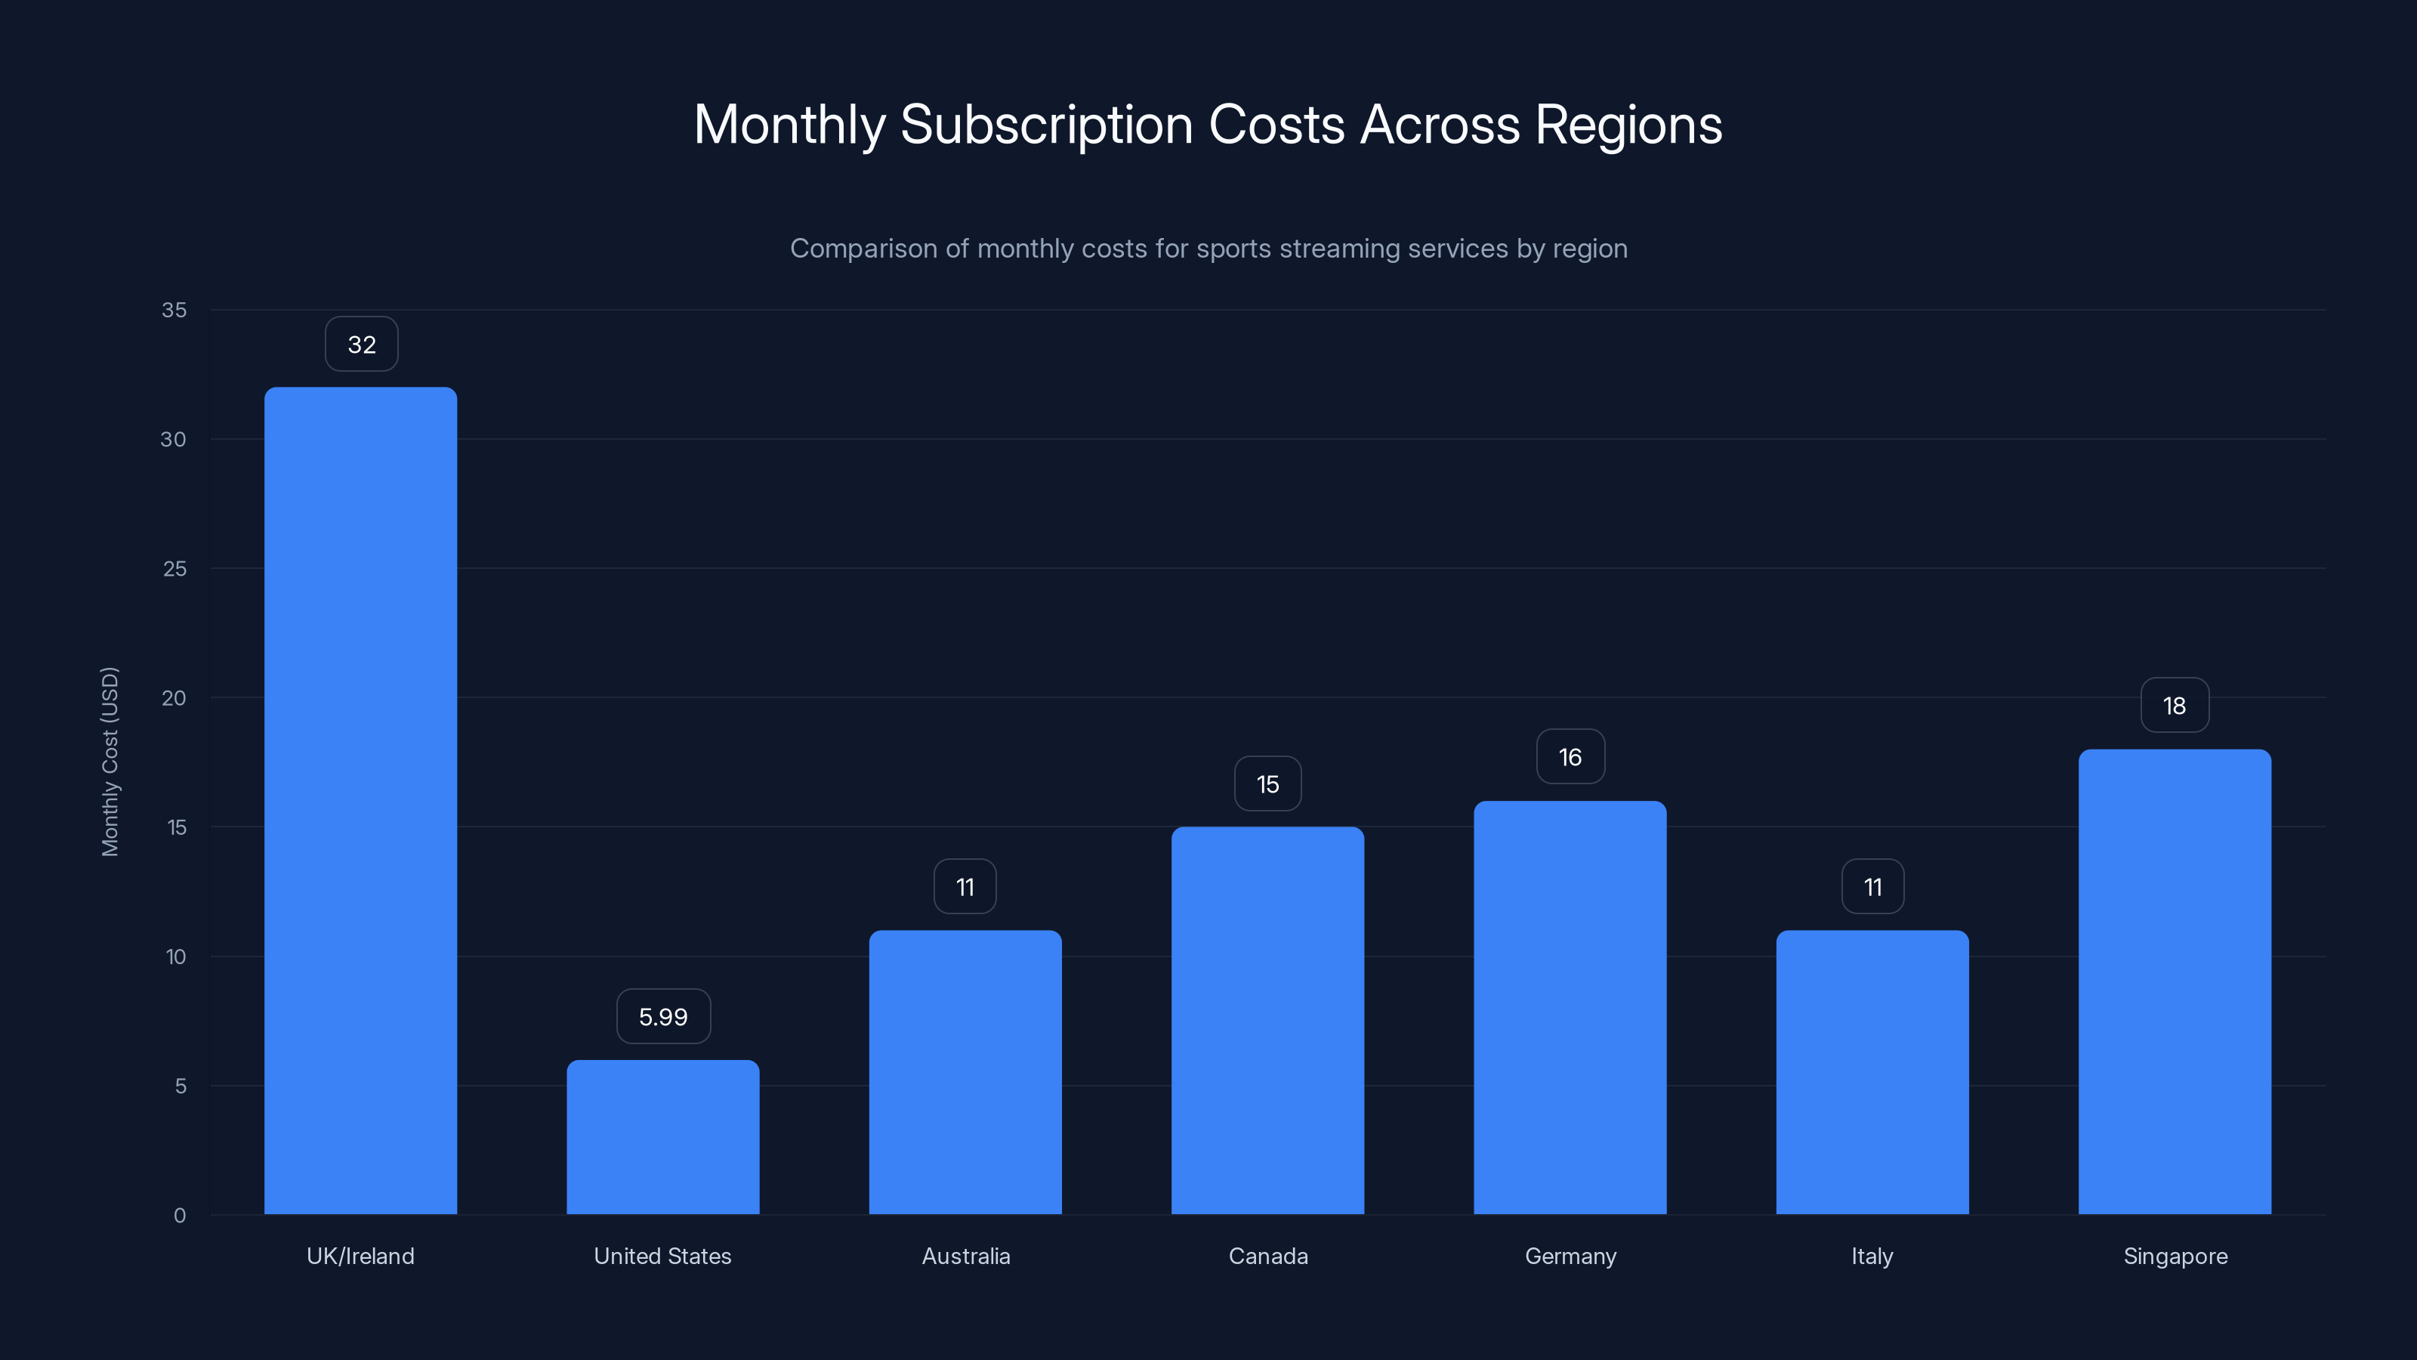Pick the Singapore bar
click(2174, 981)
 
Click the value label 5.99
click(663, 1016)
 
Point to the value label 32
click(361, 345)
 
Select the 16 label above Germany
click(1570, 756)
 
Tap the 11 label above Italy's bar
click(1872, 887)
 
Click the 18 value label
click(2174, 706)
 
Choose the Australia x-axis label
click(965, 1256)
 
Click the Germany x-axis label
click(1570, 1256)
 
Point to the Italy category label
click(1872, 1256)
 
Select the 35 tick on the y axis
click(174, 310)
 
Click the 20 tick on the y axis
click(174, 697)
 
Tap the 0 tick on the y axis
click(179, 1216)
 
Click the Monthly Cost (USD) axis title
click(110, 761)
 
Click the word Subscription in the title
click(1046, 125)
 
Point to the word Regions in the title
click(1628, 125)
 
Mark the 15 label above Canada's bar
click(1267, 784)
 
